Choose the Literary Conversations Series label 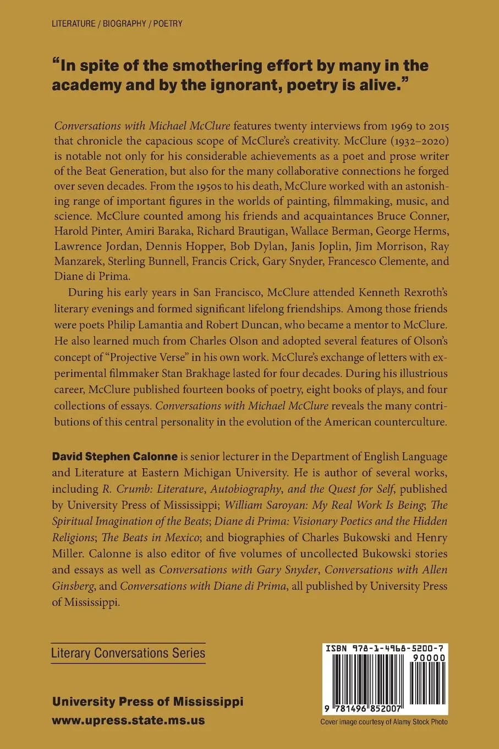click(x=128, y=654)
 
